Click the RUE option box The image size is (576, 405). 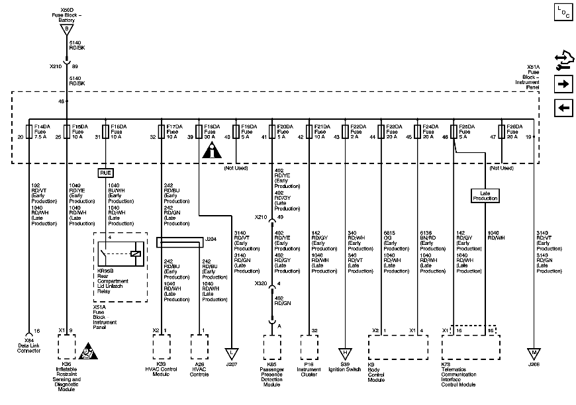106,173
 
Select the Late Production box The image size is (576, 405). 485,195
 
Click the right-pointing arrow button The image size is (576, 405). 563,84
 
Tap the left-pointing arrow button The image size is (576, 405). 563,109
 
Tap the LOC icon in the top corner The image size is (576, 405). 563,12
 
